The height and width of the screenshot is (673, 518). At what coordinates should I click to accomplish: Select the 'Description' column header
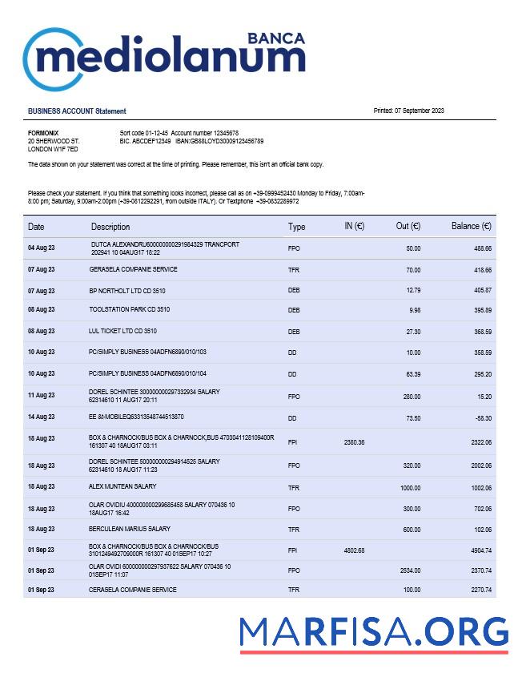(110, 227)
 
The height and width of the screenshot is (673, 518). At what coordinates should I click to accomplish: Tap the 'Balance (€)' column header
(471, 227)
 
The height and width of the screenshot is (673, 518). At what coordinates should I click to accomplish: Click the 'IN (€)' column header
(354, 227)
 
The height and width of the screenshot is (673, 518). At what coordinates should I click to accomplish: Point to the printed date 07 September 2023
(408, 111)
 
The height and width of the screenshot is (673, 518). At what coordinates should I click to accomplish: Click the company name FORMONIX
(43, 132)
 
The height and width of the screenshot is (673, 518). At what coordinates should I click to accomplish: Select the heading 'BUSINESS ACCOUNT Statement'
(77, 111)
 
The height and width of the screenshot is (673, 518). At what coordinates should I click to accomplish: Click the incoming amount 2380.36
(354, 442)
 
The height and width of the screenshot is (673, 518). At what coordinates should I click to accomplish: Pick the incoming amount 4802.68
(354, 550)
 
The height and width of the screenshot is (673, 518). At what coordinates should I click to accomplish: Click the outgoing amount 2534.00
(409, 570)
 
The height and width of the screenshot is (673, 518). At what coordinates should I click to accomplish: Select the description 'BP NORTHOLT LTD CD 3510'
(127, 290)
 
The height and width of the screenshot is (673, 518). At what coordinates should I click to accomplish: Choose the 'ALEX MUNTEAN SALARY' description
(122, 486)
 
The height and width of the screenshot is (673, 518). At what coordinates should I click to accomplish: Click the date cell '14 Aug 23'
(41, 417)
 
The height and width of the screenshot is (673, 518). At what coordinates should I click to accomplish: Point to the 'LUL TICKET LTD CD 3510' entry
(122, 330)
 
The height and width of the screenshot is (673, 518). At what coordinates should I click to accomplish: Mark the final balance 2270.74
(480, 590)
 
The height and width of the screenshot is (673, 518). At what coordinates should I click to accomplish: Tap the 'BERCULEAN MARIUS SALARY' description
(130, 529)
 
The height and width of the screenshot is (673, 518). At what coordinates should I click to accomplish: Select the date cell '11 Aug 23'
(41, 395)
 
